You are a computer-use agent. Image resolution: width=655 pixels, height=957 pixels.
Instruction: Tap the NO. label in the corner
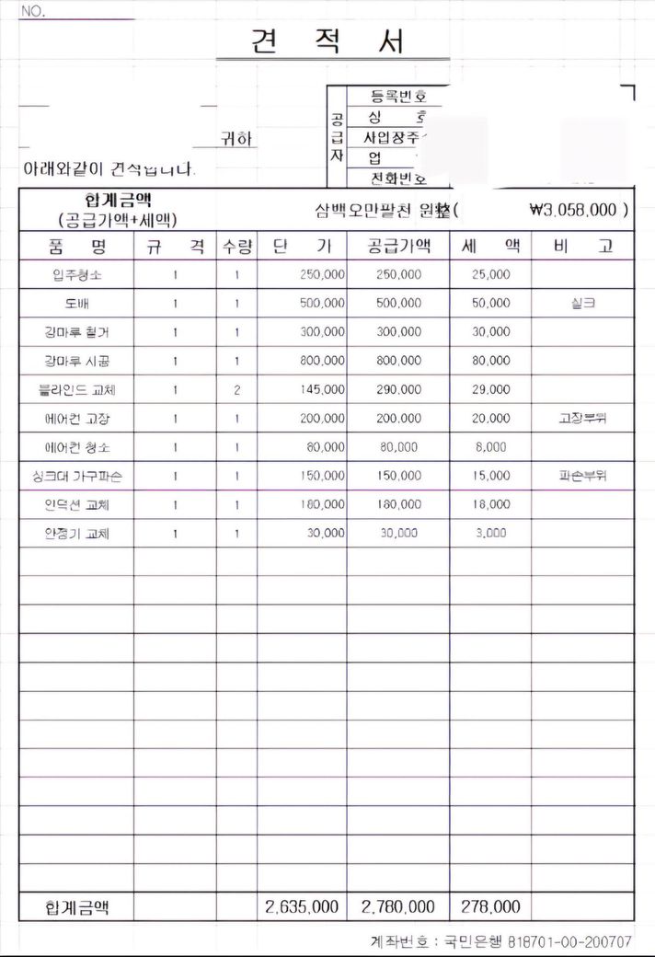click(32, 13)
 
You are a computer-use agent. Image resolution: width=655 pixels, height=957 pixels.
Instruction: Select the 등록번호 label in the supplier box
click(397, 95)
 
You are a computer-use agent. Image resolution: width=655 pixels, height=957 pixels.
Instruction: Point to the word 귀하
click(237, 140)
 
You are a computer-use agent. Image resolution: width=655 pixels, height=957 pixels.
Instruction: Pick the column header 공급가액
click(398, 247)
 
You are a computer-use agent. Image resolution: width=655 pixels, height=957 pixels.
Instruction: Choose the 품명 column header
click(76, 247)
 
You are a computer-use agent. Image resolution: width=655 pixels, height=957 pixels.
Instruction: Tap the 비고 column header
click(583, 247)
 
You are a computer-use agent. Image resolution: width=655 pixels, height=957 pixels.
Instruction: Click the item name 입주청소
click(77, 275)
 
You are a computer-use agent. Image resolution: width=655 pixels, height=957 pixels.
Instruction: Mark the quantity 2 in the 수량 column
click(236, 390)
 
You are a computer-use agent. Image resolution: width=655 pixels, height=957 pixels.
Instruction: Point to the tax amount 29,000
click(490, 390)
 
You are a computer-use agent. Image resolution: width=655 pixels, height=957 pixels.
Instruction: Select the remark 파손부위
click(583, 477)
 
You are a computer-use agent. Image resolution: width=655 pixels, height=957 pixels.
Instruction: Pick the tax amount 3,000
click(490, 534)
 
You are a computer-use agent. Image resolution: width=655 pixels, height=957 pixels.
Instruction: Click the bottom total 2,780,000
click(398, 907)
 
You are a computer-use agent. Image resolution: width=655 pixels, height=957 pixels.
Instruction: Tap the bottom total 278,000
click(490, 907)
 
